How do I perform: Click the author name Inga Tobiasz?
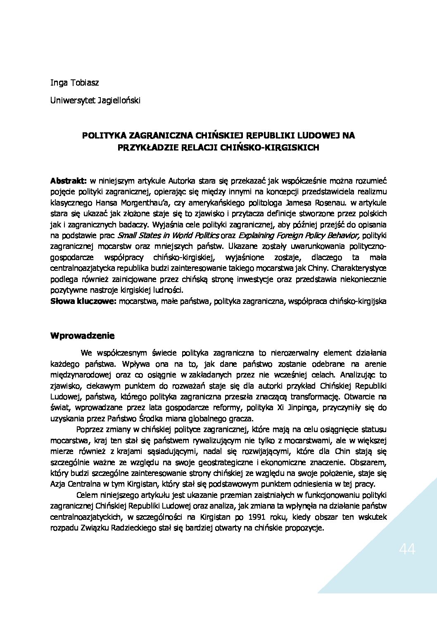coord(74,83)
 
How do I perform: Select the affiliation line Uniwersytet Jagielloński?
coord(95,100)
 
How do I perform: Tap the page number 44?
coord(407,550)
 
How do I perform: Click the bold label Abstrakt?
coord(68,181)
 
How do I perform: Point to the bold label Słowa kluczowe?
coord(83,301)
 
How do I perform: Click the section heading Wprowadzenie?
coord(82,335)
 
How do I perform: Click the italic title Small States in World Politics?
coord(168,236)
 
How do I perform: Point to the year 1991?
coord(258,517)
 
